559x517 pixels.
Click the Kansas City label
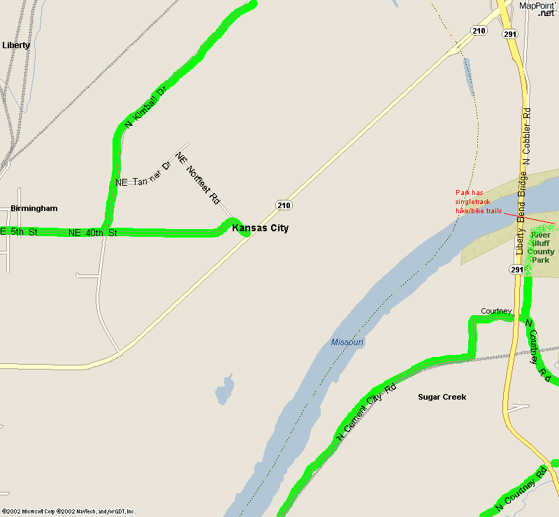(260, 228)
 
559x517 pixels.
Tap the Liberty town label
(16, 45)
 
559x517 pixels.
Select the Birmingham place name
(34, 208)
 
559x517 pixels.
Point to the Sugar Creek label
(442, 397)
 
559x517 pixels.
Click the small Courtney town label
(496, 311)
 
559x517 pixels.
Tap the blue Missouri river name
(347, 342)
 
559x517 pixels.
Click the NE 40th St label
(92, 233)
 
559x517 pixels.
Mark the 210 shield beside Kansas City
(283, 205)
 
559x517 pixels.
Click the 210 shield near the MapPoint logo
(479, 31)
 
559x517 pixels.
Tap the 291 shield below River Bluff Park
(516, 270)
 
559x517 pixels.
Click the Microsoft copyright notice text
(68, 511)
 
